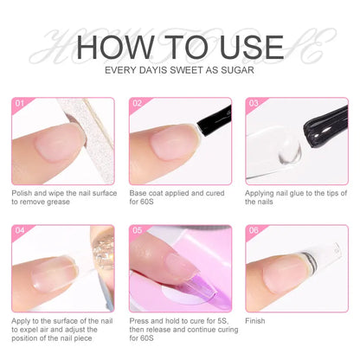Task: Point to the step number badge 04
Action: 19,232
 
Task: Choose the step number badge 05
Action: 137,232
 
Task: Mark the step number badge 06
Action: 254,232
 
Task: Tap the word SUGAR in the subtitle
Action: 237,68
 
